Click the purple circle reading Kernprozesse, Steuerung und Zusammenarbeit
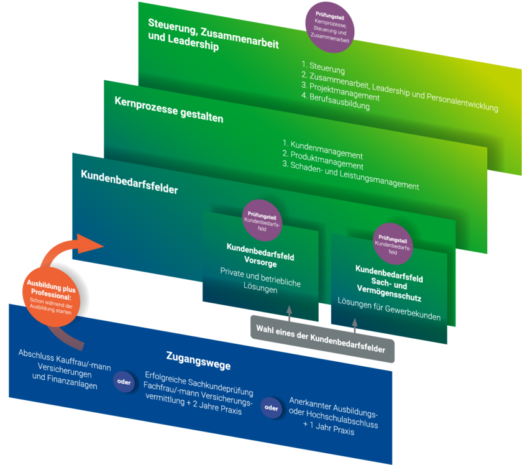tap(330, 27)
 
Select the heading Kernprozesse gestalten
tap(168, 110)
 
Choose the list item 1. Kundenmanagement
tap(323, 150)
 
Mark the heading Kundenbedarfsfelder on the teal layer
tap(129, 182)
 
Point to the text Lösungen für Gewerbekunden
tap(389, 309)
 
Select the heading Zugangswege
tap(199, 360)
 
